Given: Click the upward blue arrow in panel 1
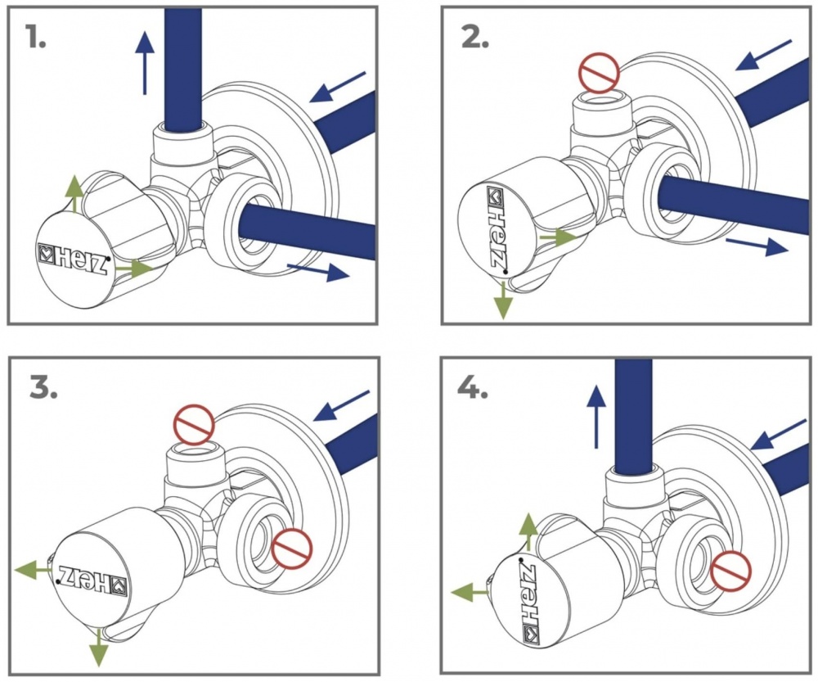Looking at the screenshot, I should coord(146,61).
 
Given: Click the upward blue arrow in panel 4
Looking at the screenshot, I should coord(597,418).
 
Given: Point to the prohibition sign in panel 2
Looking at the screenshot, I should coord(599,71).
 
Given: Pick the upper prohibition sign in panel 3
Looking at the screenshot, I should coord(194,427).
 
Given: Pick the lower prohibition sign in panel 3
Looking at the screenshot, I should coord(293,548).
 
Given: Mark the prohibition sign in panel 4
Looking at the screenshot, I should coord(730,570).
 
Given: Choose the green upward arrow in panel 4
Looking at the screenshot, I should coord(530,532).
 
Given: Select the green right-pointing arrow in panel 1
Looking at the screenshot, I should coord(133,267).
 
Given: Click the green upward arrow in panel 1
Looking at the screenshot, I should coord(74,193).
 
